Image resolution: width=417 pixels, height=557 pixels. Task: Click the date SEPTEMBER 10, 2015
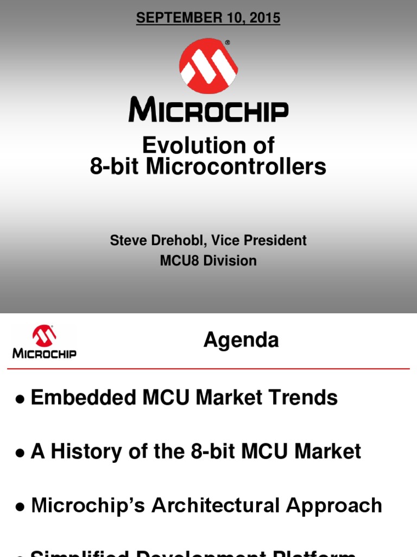click(208, 18)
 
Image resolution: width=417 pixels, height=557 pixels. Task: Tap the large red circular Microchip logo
click(208, 66)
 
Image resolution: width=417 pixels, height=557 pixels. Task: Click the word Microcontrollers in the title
click(237, 167)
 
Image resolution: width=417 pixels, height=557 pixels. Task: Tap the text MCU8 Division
click(208, 261)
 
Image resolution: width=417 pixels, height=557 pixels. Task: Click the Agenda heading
click(241, 340)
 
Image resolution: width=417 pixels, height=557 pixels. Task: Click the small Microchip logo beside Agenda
click(44, 342)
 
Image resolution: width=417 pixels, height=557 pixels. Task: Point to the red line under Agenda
click(208, 369)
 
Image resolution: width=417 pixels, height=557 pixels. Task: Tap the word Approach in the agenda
click(334, 505)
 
